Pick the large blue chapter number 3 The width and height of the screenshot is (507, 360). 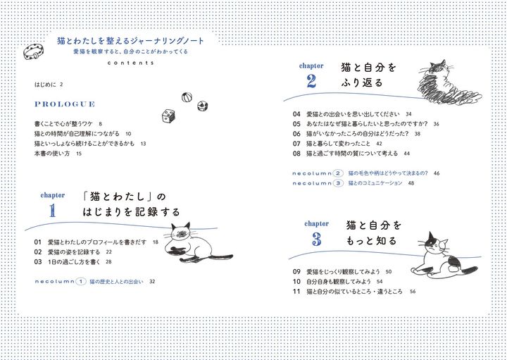tap(316, 239)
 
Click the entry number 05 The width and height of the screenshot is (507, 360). tap(296, 123)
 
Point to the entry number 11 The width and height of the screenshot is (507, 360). tap(296, 291)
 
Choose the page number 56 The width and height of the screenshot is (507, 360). tap(413, 292)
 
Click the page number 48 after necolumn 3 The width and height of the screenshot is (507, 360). tap(411, 183)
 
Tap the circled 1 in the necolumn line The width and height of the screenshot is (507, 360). tap(81, 282)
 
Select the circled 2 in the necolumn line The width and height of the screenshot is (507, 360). tap(338, 173)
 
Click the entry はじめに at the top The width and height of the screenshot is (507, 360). tap(46, 85)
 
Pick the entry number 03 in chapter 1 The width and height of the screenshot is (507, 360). tap(39, 261)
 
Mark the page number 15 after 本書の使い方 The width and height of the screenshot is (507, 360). tap(79, 154)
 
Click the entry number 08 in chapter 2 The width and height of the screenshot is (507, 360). tap(296, 153)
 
